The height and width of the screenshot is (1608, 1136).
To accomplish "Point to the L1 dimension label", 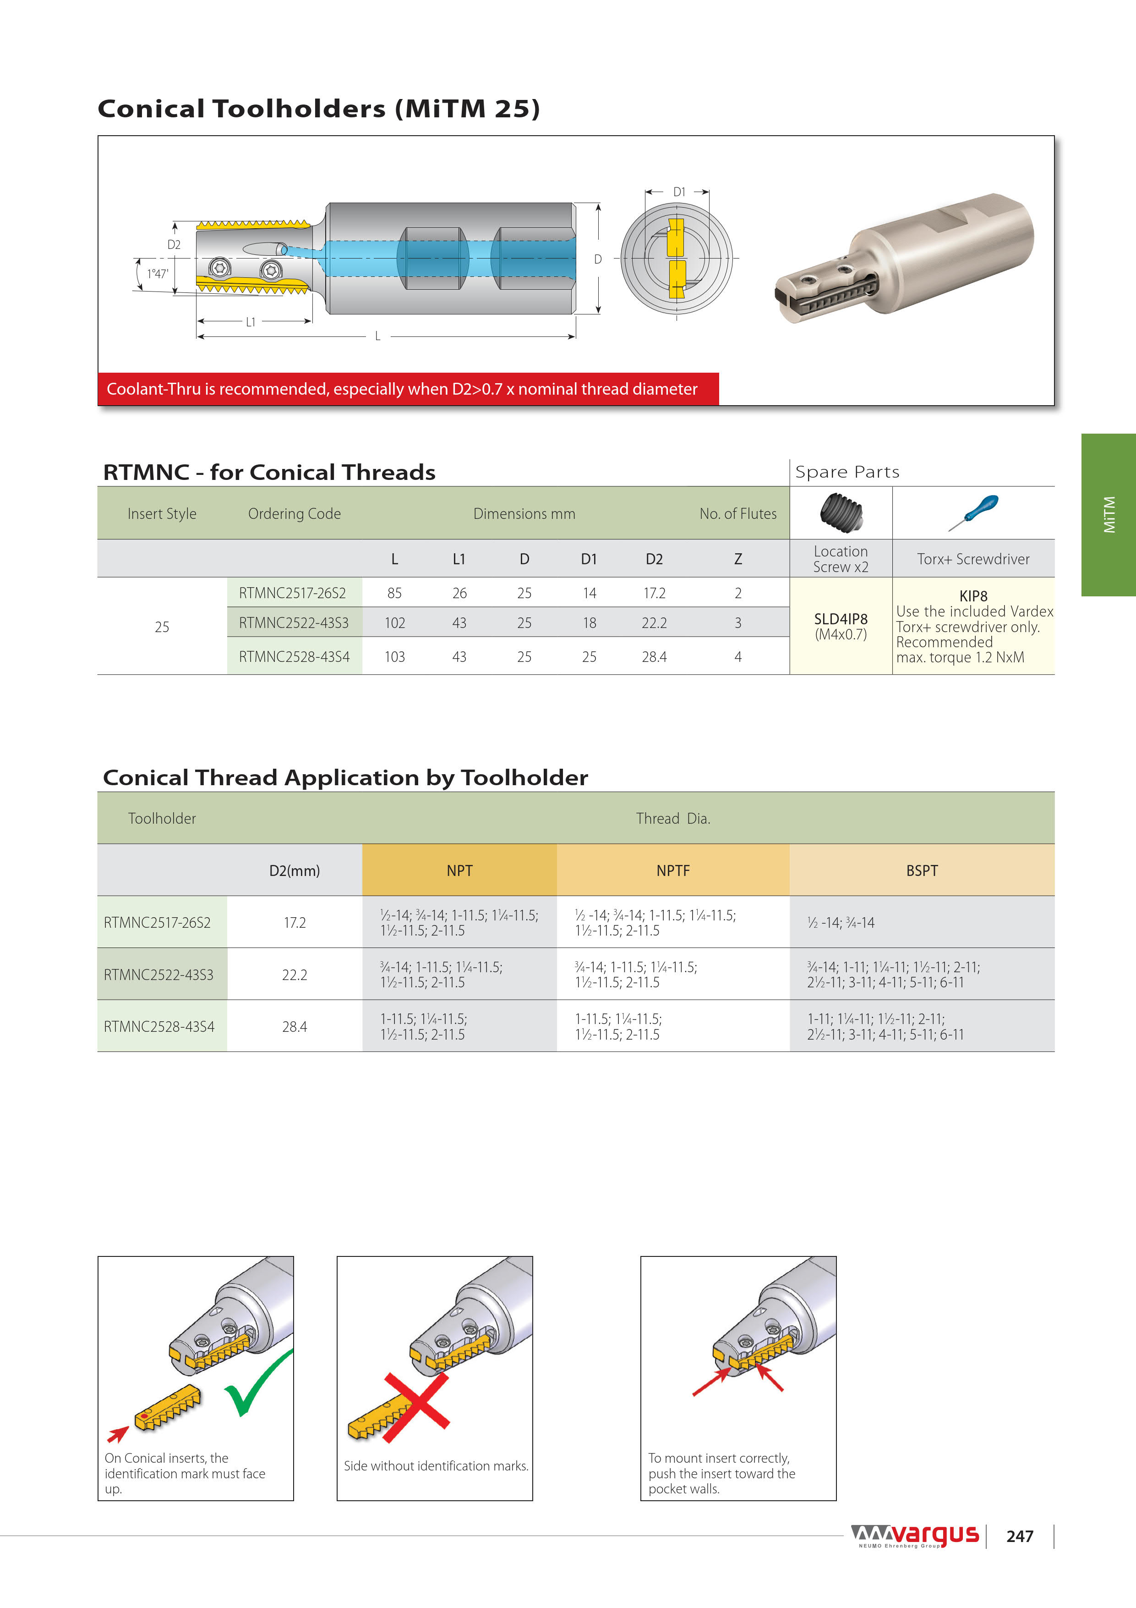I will pyautogui.click(x=251, y=322).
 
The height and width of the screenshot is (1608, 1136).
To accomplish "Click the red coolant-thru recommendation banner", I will pyautogui.click(x=408, y=389).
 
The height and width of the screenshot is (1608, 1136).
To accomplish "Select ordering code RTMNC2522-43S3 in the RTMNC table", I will pyautogui.click(x=294, y=622).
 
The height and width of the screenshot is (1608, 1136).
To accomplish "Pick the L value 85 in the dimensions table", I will pyautogui.click(x=395, y=593).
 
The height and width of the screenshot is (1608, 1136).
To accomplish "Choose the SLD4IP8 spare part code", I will pyautogui.click(x=841, y=619).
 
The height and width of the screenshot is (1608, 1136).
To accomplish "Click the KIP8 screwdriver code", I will pyautogui.click(x=973, y=596).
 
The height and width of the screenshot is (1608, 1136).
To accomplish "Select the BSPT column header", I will pyautogui.click(x=921, y=870).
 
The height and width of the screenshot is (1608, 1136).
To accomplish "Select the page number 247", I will pyautogui.click(x=1020, y=1536).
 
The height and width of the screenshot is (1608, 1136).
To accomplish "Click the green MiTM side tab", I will pyautogui.click(x=1109, y=515).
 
